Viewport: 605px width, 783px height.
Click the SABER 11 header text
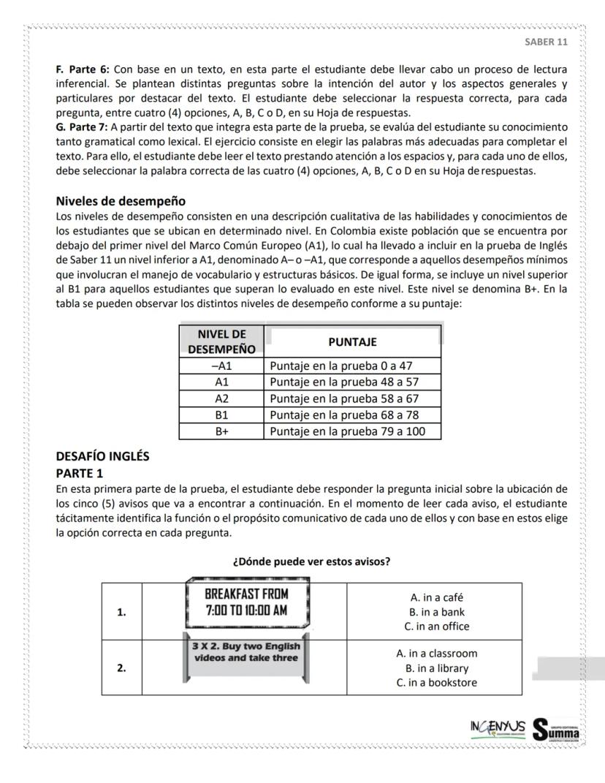[546, 42]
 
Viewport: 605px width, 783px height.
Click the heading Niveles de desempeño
[121, 201]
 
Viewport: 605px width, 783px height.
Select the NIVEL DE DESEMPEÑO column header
[221, 341]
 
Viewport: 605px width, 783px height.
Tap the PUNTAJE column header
[352, 341]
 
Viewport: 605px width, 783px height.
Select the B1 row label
[221, 415]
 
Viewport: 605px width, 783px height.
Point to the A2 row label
[221, 398]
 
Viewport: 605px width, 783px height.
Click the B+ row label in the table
[221, 431]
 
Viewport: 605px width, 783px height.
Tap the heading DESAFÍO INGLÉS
[102, 456]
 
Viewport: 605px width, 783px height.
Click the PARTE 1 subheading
[80, 473]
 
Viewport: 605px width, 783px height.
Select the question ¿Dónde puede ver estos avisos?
[311, 561]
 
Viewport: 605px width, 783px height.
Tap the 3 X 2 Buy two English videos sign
[246, 652]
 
